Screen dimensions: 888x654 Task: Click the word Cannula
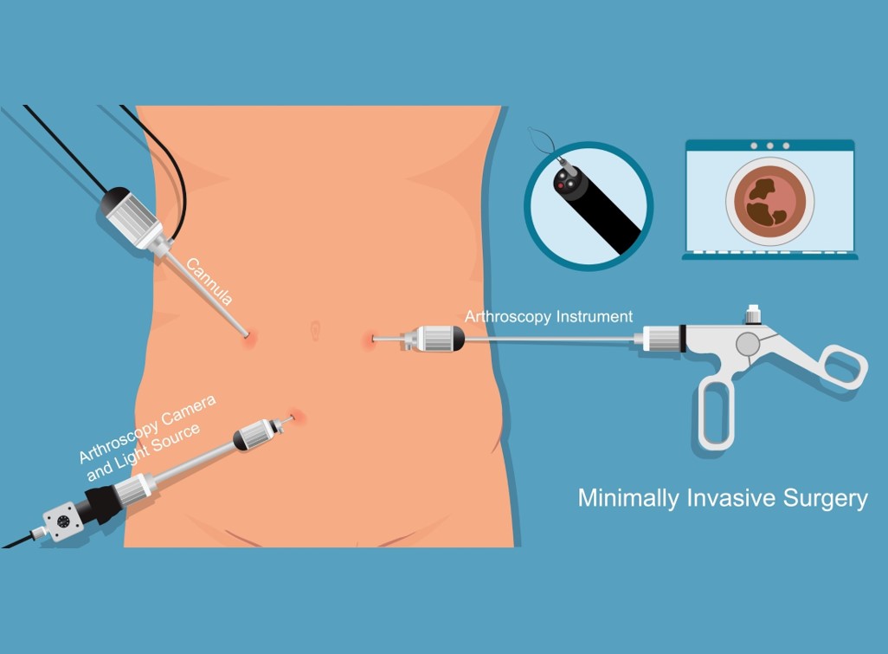(209, 282)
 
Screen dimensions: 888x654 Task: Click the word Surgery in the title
(825, 499)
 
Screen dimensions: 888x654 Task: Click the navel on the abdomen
(315, 330)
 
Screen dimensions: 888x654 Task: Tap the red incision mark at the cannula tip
(248, 338)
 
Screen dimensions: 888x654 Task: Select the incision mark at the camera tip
(297, 418)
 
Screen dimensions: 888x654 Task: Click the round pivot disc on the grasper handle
(748, 344)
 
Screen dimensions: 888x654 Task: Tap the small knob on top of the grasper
(753, 314)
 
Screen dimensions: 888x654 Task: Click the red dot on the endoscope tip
(561, 186)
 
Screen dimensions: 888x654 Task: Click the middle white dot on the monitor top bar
(769, 146)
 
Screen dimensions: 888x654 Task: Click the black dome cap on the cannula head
(118, 197)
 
